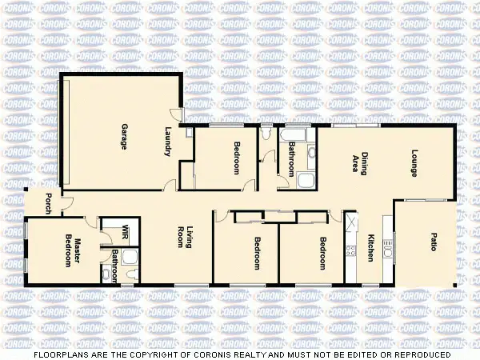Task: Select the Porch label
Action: tap(50, 203)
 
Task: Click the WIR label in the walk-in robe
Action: tap(125, 233)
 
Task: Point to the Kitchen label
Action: tap(370, 248)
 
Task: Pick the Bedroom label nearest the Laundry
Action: tap(237, 157)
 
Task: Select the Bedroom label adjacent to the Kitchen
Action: tap(322, 254)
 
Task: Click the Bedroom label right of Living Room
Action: tap(257, 254)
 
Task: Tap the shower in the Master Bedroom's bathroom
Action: tap(132, 256)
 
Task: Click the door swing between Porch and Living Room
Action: tap(67, 204)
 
